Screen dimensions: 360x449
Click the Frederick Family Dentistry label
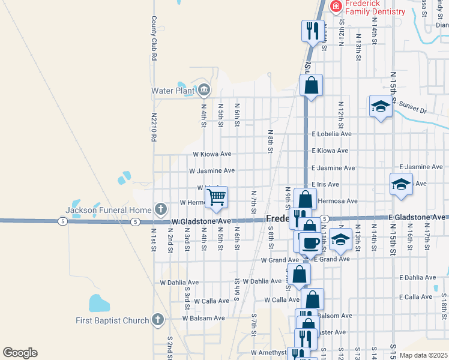point(376,7)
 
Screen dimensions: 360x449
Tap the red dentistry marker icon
point(336,7)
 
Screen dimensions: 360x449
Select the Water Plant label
point(172,91)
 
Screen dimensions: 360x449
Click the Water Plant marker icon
point(203,91)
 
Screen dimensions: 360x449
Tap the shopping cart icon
point(216,197)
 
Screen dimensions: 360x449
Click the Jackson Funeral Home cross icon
point(160,209)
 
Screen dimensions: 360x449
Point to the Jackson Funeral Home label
point(109,210)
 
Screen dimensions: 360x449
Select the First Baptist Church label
point(112,320)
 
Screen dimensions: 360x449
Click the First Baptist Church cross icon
point(158,319)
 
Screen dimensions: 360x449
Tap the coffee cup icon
point(310,243)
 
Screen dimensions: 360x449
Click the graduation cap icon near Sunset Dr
point(380,107)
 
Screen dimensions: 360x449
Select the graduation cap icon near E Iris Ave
point(400,184)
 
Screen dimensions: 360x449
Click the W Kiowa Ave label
point(212,154)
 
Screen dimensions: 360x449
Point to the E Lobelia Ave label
point(331,134)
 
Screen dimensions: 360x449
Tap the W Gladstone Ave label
point(201,221)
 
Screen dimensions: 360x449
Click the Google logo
point(20,353)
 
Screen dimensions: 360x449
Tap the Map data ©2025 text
point(423,355)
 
